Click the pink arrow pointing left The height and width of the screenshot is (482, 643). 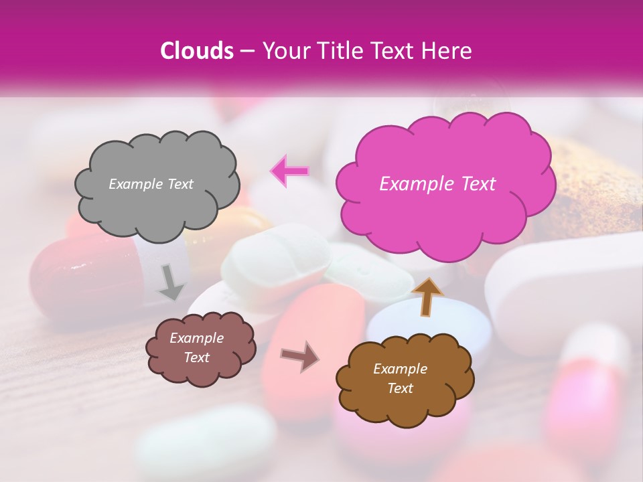click(x=289, y=170)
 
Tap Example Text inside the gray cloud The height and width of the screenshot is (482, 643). click(x=151, y=184)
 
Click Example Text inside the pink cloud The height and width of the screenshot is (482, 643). click(x=437, y=184)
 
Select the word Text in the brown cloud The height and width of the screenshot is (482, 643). click(x=400, y=388)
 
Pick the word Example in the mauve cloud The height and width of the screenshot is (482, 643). click(x=196, y=338)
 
